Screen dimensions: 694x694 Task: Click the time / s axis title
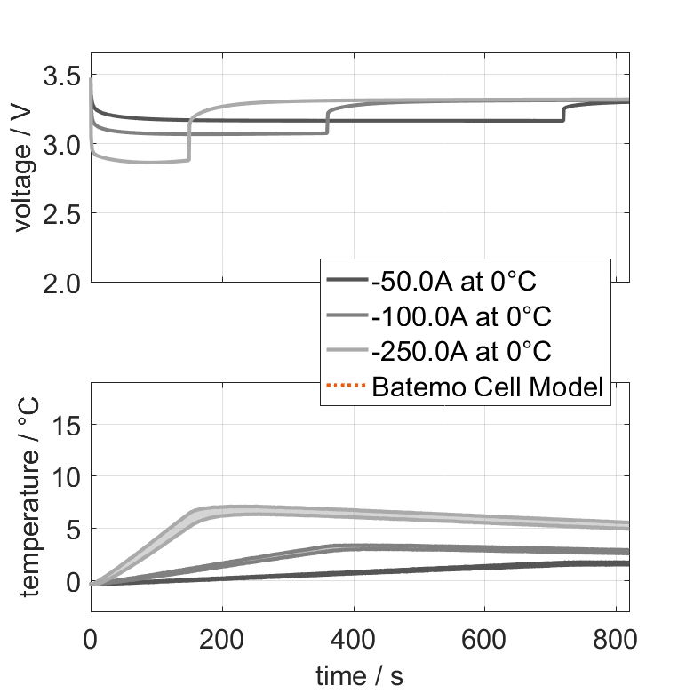pos(359,675)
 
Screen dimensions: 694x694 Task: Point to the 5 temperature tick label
pos(74,530)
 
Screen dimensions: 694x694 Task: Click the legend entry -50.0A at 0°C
pos(454,282)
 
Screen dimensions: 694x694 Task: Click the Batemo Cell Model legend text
pos(489,387)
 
